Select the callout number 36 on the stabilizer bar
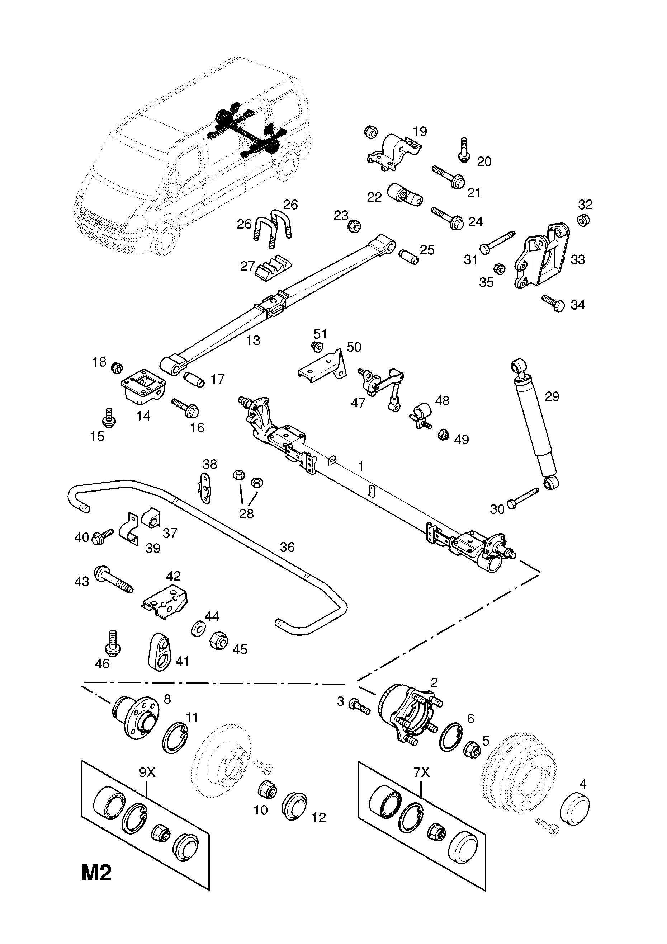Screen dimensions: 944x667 (x=287, y=547)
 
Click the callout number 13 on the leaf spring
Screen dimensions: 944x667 (x=253, y=341)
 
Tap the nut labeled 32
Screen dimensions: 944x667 (x=582, y=220)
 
